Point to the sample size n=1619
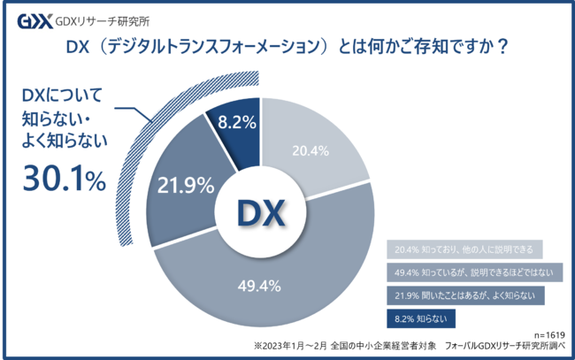pos(547,335)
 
